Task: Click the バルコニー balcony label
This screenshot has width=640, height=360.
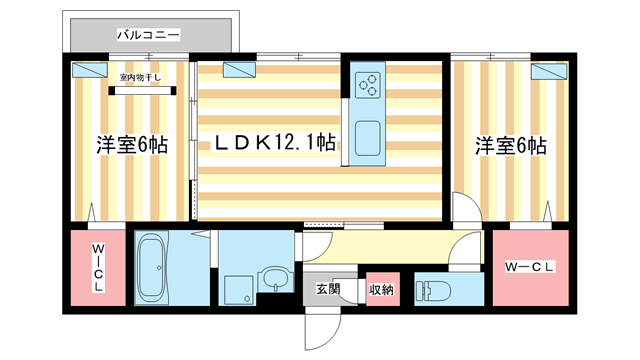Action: [x=147, y=35]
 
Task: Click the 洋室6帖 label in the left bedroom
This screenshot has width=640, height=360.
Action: [x=132, y=144]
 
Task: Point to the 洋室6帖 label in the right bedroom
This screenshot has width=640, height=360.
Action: [x=510, y=144]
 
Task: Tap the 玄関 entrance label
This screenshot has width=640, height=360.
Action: [x=328, y=289]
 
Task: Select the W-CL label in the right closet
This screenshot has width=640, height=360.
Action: [x=530, y=267]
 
